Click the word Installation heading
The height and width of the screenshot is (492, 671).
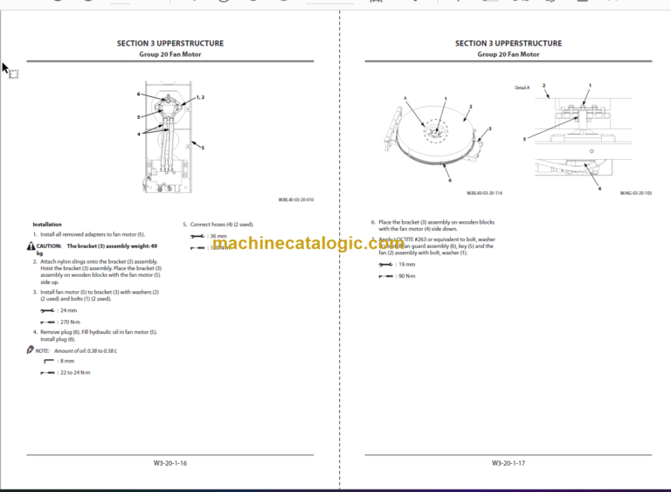(x=47, y=225)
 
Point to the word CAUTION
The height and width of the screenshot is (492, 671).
(x=49, y=246)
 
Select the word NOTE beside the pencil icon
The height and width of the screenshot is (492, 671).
(x=42, y=350)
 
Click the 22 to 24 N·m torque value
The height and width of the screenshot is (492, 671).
(x=74, y=372)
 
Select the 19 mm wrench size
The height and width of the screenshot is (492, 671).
(x=405, y=264)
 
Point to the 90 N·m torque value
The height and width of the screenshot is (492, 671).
(x=405, y=276)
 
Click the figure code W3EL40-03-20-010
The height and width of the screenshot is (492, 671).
(x=295, y=199)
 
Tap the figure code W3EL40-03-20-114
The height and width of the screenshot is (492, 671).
(x=484, y=193)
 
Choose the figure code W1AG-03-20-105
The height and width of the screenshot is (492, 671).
(x=634, y=193)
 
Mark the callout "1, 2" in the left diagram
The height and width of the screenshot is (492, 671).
(x=200, y=97)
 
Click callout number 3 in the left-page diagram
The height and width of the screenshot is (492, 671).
(x=202, y=148)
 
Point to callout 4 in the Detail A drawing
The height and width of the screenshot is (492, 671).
(x=599, y=188)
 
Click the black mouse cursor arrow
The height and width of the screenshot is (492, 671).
(x=5, y=69)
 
